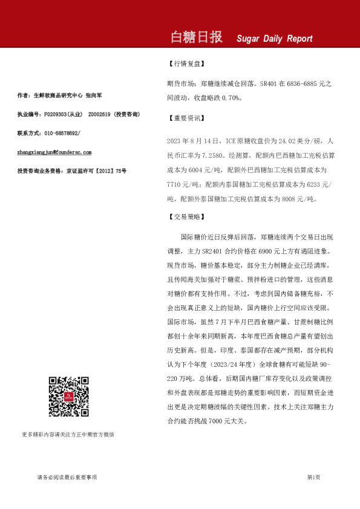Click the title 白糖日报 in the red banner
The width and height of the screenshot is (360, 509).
[197, 37]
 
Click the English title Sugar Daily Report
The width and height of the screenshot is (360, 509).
[274, 39]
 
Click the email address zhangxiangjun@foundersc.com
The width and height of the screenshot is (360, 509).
[54, 152]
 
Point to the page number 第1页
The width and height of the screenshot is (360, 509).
[313, 477]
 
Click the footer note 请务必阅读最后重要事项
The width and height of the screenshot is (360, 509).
[67, 477]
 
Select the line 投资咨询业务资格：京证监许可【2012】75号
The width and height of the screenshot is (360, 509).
[72, 172]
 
